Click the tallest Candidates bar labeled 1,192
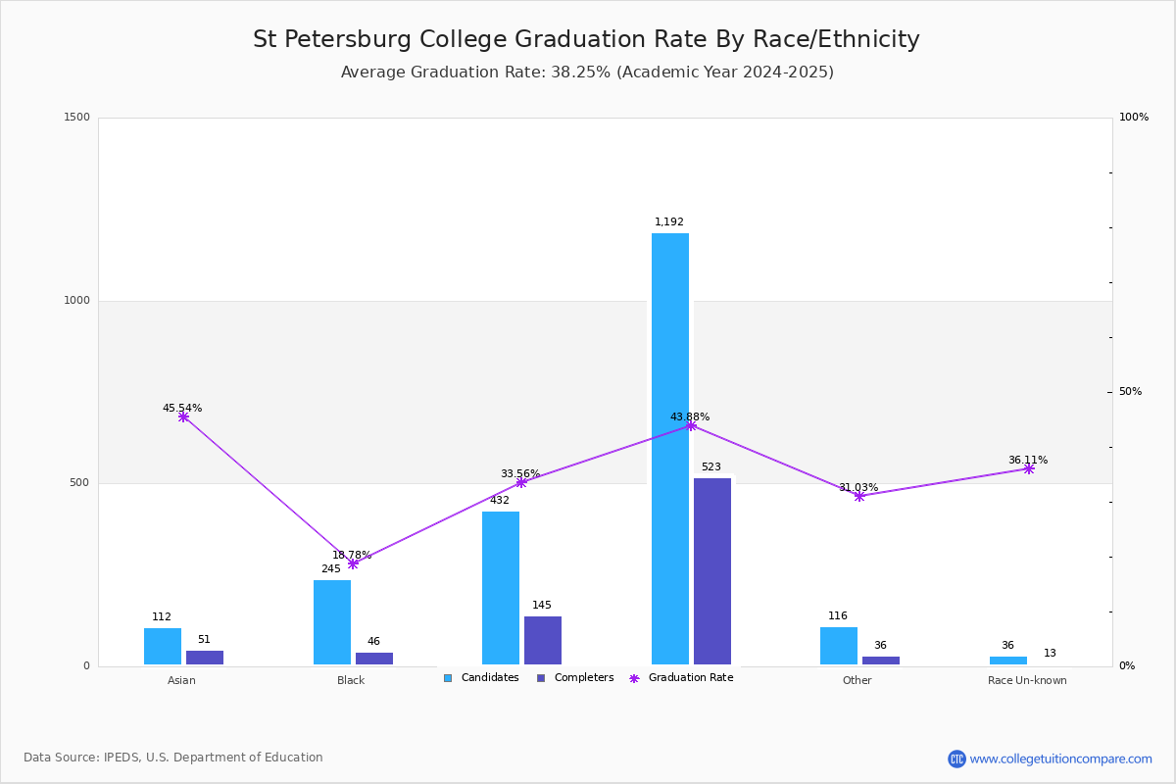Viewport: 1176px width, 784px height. [x=670, y=449]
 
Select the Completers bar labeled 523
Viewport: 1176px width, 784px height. [x=712, y=571]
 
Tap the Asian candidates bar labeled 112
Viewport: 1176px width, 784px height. [x=163, y=647]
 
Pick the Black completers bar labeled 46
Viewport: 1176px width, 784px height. [x=374, y=659]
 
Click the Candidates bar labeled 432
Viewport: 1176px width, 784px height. [x=501, y=588]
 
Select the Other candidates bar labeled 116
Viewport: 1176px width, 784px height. [x=839, y=646]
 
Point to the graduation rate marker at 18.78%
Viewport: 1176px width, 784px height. [x=353, y=563]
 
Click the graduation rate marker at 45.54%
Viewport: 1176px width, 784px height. [x=183, y=416]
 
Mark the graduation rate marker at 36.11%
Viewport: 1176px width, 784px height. [x=1029, y=468]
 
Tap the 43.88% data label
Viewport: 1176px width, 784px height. [x=690, y=416]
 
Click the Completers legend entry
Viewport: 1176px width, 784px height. [x=575, y=678]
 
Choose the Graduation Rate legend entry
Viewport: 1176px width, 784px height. [x=681, y=678]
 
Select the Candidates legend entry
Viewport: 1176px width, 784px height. [x=481, y=678]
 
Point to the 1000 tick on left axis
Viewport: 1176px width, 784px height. [x=76, y=300]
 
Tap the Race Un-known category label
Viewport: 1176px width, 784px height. [x=1027, y=680]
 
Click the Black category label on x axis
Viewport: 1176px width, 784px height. [x=351, y=680]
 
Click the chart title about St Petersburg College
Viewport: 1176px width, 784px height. [x=586, y=39]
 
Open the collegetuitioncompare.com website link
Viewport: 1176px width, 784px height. [x=1060, y=759]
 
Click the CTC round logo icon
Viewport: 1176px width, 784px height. [x=956, y=759]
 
